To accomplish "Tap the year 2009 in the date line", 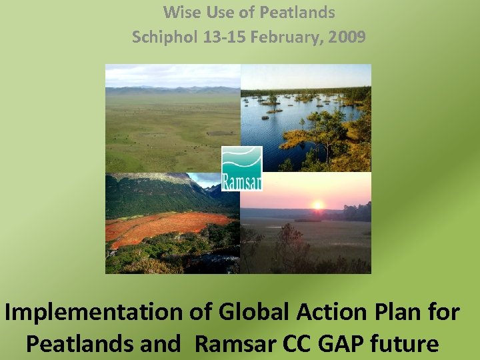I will tap(347, 37).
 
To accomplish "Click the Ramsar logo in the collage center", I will tap(241, 169).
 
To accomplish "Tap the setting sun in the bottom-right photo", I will tap(317, 205).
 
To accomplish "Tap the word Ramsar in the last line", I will tap(234, 343).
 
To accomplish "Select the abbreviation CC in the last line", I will tap(295, 343).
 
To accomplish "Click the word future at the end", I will tap(406, 343).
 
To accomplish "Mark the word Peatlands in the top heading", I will tap(298, 12).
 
